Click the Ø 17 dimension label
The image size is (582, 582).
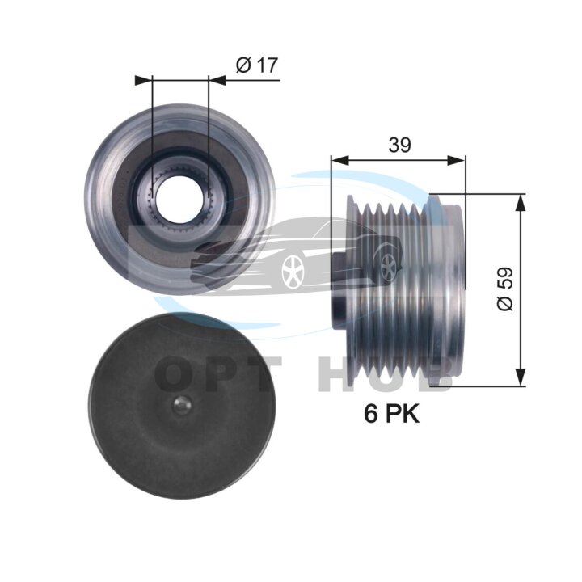[x=256, y=65]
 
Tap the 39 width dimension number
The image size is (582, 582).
[x=399, y=145]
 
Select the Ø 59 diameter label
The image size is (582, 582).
[x=504, y=289]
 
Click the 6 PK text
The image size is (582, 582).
[x=391, y=414]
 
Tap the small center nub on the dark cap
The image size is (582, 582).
[x=182, y=407]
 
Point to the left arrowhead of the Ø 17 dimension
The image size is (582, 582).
[x=144, y=80]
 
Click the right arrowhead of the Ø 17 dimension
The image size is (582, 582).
[x=217, y=80]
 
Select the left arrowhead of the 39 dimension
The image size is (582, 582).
[x=339, y=160]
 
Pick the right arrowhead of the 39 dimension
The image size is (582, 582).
[x=456, y=160]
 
